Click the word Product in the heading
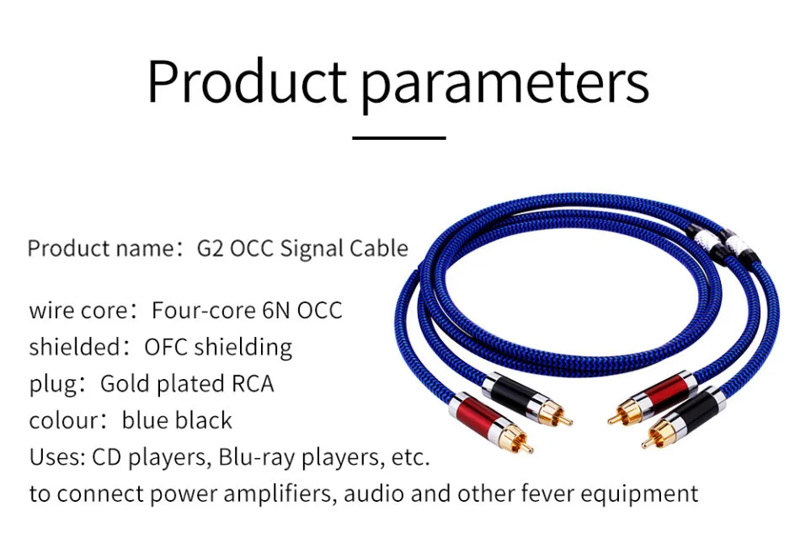248,81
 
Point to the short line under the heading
399,138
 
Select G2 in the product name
211,248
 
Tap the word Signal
312,249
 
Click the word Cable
379,248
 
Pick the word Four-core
204,311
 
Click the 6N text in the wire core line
276,311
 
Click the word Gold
126,384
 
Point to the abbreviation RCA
253,384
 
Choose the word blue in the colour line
145,420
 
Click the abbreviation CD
106,457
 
